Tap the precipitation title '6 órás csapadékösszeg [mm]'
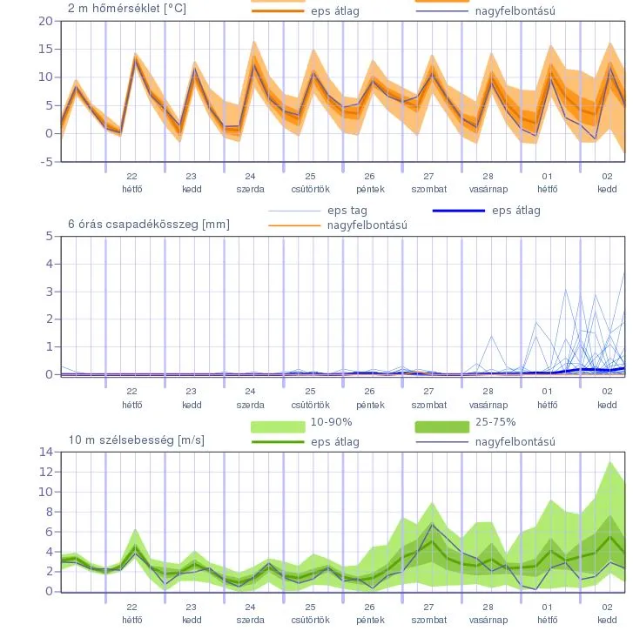149,224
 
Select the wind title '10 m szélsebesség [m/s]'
137,440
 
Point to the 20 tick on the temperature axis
45,20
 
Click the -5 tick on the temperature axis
45,161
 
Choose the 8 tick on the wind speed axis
49,512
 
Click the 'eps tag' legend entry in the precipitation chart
347,210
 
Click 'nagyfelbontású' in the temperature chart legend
515,11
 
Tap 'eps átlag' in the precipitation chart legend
515,210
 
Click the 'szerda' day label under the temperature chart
251,188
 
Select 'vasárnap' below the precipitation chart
488,405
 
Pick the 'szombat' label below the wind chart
429,621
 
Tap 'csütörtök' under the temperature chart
310,188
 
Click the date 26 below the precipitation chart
370,392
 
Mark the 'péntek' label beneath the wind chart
370,621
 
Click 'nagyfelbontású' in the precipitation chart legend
367,225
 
